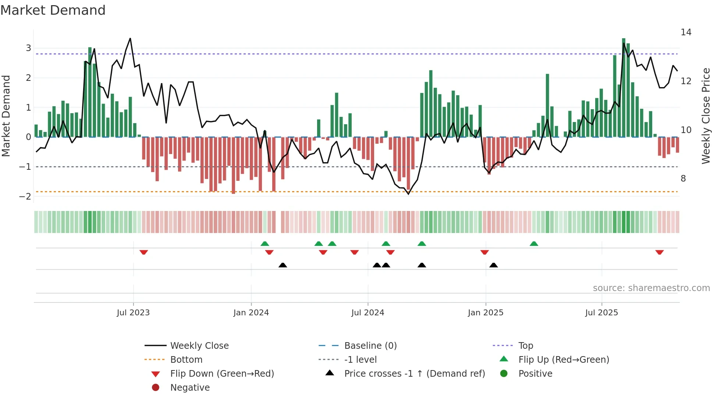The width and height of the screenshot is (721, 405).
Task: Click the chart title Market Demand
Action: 53,10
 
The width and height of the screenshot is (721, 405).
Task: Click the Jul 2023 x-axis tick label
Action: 133,313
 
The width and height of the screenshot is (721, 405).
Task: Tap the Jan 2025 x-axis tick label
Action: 486,313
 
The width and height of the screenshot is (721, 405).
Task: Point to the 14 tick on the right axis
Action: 686,32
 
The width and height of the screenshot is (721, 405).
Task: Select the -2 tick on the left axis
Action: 25,196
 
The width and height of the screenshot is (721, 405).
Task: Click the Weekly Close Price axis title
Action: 706,116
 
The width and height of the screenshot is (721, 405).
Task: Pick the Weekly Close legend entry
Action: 199,346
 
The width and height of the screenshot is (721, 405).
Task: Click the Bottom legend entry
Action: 186,360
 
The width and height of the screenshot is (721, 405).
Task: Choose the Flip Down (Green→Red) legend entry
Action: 222,374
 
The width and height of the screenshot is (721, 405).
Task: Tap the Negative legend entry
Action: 190,388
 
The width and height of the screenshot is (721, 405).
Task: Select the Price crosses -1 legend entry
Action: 414,374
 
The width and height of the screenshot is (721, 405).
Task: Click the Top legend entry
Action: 525,346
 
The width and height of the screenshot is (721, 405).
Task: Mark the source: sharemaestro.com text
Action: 651,288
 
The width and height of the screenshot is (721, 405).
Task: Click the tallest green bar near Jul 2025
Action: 624,88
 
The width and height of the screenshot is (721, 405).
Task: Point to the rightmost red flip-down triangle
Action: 659,252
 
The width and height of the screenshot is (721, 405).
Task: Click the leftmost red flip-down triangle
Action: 144,252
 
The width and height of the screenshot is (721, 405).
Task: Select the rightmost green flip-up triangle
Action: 534,244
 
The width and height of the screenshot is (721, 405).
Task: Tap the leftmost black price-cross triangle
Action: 283,265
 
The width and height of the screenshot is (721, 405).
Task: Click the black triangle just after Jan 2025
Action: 494,265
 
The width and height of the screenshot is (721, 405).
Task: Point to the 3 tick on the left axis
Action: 28,48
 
